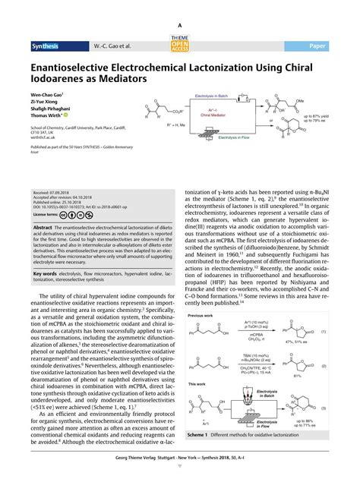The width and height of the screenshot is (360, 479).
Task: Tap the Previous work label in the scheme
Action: tap(199, 293)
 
